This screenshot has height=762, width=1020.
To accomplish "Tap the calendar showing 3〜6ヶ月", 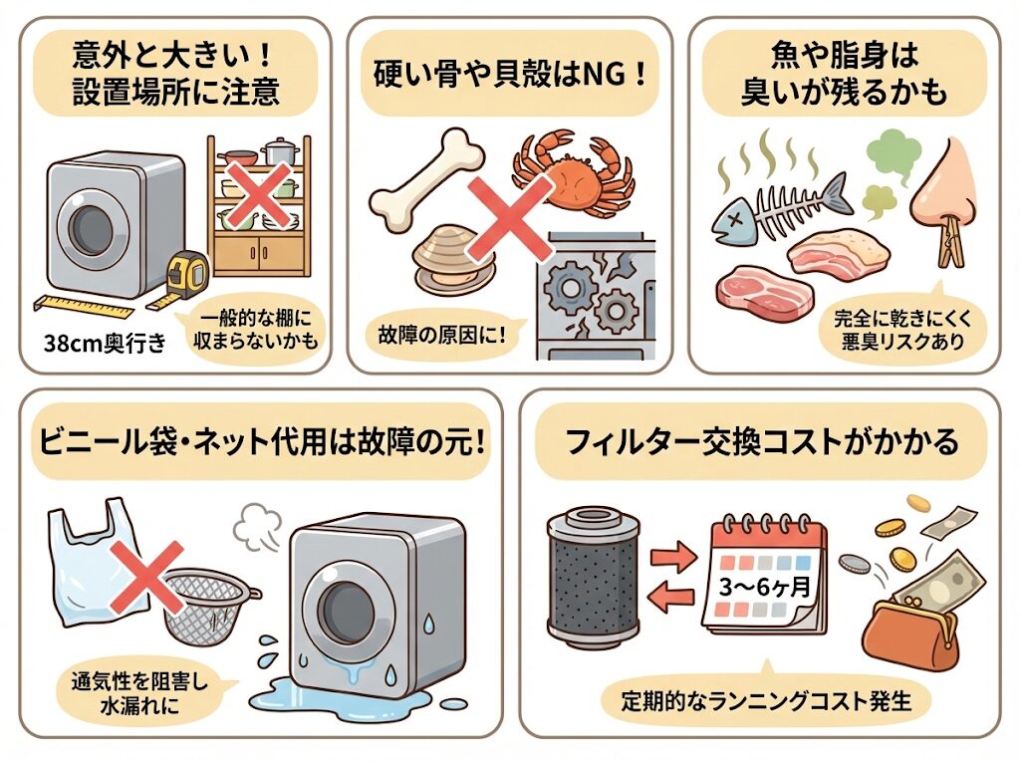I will pyautogui.click(x=765, y=576).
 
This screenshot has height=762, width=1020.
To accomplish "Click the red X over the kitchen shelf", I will pyautogui.click(x=259, y=196).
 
